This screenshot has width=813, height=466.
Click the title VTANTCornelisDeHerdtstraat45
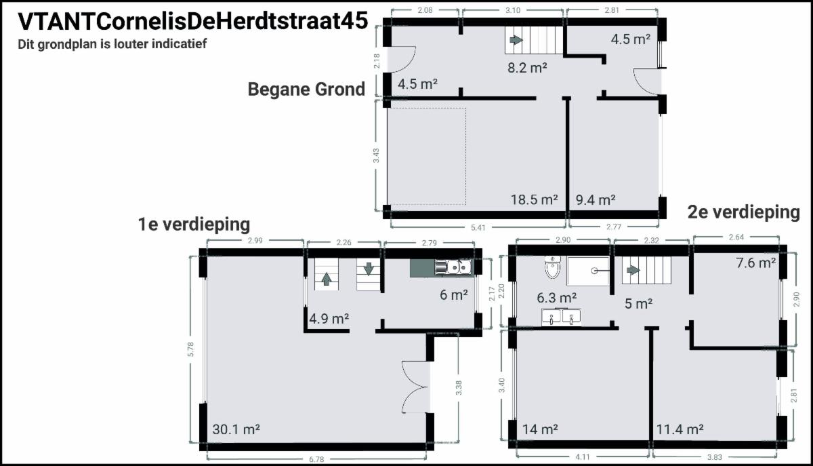click(192, 21)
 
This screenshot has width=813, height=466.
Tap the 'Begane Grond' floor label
click(306, 89)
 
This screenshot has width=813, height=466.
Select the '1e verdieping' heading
click(194, 225)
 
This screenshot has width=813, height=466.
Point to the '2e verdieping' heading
click(744, 212)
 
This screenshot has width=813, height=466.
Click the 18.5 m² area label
click(535, 199)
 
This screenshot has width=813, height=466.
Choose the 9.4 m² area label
click(596, 199)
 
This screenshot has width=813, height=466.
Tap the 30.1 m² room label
click(236, 429)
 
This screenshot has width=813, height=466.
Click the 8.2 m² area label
click(527, 68)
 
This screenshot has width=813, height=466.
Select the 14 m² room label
click(540, 429)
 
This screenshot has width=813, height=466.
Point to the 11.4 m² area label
click(680, 429)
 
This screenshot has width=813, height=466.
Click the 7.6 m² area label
click(756, 263)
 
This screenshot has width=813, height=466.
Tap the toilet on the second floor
click(553, 267)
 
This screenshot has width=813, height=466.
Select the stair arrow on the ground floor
click(516, 39)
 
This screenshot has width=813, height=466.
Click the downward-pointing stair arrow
click(369, 269)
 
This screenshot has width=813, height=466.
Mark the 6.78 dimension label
click(316, 459)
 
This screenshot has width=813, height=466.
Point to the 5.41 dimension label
click(478, 228)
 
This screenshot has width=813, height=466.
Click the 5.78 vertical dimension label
click(191, 349)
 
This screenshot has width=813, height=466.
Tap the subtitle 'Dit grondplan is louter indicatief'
click(112, 44)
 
